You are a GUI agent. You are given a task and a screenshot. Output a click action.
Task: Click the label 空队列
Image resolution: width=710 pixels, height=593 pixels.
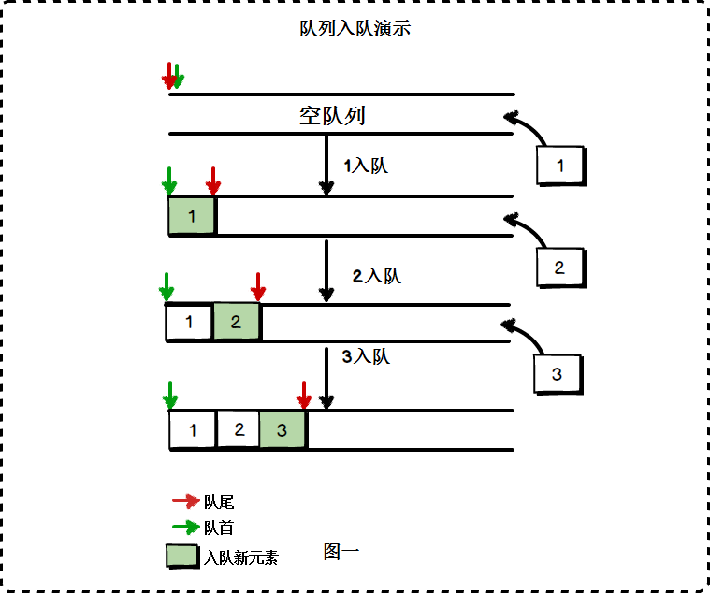click(x=331, y=116)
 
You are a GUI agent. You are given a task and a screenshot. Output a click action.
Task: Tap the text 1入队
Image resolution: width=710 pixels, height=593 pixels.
click(x=365, y=166)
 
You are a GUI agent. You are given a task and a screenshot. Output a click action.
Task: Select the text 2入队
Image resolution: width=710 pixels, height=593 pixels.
click(x=376, y=276)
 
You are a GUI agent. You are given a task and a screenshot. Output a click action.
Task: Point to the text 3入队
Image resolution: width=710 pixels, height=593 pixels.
click(x=366, y=356)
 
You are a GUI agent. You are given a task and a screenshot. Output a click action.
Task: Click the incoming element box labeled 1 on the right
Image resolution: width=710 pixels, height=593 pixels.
click(x=560, y=166)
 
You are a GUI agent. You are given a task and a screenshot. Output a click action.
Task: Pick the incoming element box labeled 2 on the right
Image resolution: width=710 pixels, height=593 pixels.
click(x=559, y=268)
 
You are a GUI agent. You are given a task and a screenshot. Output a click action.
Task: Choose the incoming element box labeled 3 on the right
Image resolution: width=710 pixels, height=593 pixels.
click(x=557, y=374)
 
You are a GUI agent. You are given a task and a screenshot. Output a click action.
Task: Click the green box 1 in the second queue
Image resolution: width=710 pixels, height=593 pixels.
click(x=192, y=216)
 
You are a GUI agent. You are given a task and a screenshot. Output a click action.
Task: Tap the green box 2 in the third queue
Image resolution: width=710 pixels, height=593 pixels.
click(x=236, y=323)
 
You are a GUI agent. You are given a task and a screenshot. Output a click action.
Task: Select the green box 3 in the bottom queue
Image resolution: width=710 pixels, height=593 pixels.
click(x=283, y=430)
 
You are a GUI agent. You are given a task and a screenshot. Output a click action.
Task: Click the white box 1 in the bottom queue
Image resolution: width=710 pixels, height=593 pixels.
click(x=193, y=430)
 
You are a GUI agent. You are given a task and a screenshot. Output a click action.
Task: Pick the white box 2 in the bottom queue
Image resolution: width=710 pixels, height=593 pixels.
click(x=239, y=430)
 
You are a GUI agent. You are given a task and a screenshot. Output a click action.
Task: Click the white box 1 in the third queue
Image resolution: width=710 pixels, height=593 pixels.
click(x=189, y=323)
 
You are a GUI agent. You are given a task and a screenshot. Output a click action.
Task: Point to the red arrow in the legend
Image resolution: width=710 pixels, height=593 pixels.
click(x=186, y=502)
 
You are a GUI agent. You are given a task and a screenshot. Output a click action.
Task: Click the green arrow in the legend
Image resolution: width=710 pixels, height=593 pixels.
click(x=186, y=528)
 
